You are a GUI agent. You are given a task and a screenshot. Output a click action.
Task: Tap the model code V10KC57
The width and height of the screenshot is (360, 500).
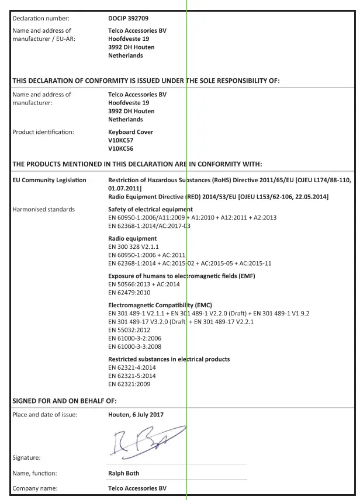(121, 140)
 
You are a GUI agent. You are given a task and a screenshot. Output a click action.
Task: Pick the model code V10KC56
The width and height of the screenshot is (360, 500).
(121, 148)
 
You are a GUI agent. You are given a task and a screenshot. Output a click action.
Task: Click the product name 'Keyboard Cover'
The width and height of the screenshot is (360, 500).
(131, 132)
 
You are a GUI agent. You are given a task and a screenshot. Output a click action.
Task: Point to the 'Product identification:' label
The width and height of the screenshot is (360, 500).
(43, 132)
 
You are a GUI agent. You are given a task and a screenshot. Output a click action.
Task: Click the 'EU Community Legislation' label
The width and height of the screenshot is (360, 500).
(50, 180)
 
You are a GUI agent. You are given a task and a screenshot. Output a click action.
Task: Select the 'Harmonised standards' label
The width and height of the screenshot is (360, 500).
(44, 209)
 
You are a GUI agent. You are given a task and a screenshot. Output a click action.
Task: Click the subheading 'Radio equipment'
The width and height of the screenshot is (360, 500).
(132, 238)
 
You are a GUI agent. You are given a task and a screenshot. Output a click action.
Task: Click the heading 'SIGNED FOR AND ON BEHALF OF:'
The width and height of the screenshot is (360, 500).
(65, 401)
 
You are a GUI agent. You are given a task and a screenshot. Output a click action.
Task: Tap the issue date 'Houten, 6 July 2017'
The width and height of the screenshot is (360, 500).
(136, 415)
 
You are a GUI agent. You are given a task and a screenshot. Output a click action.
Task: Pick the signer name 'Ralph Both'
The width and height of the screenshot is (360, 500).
(124, 473)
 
